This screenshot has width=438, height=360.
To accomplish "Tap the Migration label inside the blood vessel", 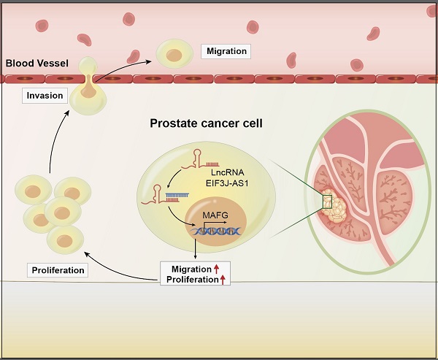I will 226,51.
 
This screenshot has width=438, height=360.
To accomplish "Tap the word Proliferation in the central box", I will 190,280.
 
